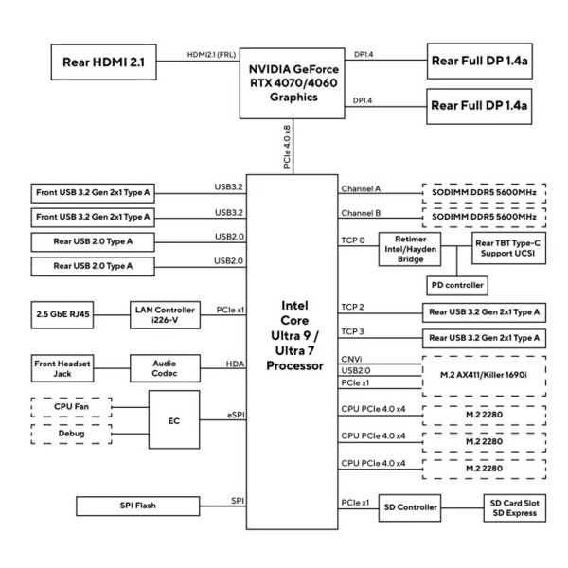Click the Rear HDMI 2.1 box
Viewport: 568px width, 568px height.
point(103,62)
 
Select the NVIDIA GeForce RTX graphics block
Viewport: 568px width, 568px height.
point(292,83)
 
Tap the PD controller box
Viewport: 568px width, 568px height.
point(457,286)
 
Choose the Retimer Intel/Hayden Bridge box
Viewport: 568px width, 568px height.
point(410,249)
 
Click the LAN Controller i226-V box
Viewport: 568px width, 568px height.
point(165,315)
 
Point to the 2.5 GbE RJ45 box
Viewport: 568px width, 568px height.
point(62,315)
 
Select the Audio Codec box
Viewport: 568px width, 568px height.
point(165,368)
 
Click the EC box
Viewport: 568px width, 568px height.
point(174,419)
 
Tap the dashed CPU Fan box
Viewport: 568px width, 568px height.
point(71,407)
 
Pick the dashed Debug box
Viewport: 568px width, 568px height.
point(71,434)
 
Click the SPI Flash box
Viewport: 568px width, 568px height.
point(137,506)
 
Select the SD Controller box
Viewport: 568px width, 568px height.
point(410,507)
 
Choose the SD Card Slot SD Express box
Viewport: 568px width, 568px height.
point(514,507)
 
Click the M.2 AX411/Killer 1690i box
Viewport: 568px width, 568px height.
point(484,375)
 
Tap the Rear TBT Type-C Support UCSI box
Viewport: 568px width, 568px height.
point(508,248)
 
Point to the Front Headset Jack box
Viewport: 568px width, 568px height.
point(62,368)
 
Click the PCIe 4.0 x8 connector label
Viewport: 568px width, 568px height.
point(287,147)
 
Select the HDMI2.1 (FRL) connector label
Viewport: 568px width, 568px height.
point(211,55)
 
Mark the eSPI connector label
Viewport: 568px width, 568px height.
point(236,415)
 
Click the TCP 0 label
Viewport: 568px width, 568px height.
point(353,240)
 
